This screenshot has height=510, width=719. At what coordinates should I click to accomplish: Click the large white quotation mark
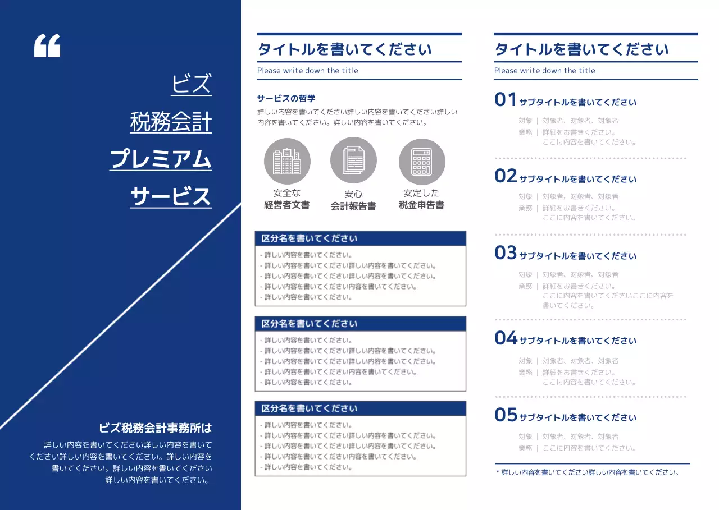tap(47, 45)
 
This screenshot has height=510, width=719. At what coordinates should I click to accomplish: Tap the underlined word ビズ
tap(192, 84)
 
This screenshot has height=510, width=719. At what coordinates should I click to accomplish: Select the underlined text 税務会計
tap(171, 122)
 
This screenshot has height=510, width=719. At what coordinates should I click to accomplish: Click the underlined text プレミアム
tap(161, 159)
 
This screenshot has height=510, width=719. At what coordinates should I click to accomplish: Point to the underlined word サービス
tap(171, 197)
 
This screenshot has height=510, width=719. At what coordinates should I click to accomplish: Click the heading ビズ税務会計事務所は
tap(156, 428)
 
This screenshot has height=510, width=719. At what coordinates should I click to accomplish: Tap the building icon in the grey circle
tap(287, 162)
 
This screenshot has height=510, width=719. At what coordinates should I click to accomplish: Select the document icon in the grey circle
tap(353, 160)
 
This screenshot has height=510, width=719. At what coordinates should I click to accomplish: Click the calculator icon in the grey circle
tap(422, 162)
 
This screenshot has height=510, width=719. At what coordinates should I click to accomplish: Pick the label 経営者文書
tap(287, 205)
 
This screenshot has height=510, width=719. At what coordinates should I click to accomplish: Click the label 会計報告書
tap(353, 206)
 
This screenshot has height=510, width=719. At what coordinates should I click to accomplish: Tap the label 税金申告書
tap(422, 205)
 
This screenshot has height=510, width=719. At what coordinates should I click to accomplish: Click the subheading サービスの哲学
tap(286, 98)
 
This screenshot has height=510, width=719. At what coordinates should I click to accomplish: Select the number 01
tap(506, 100)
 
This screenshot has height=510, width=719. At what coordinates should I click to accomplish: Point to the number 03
tap(506, 253)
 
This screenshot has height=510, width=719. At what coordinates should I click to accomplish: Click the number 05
tap(506, 415)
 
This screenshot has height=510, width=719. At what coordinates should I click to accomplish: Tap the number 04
tap(506, 338)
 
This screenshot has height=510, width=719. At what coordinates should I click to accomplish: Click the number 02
tap(506, 176)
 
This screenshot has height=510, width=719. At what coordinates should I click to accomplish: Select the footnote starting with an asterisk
tap(588, 472)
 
